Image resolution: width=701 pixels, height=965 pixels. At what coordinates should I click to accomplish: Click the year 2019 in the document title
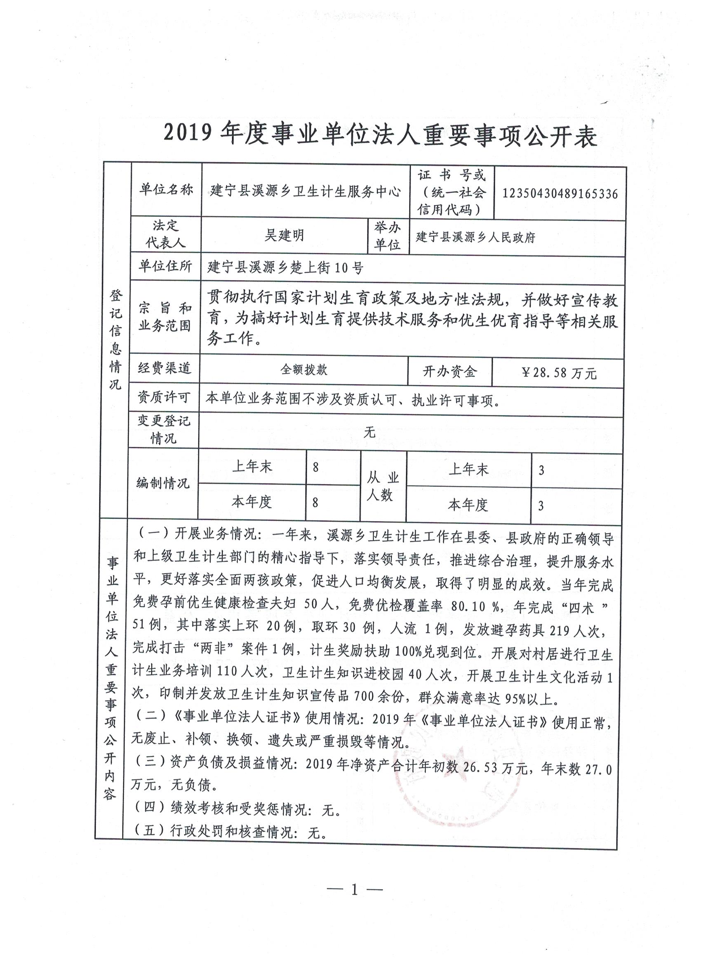tap(188, 134)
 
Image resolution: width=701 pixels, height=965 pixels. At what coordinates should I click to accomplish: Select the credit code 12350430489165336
tap(560, 194)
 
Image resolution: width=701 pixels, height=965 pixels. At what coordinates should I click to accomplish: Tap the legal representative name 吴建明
tap(284, 235)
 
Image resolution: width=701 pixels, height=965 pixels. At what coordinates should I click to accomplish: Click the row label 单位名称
tap(166, 190)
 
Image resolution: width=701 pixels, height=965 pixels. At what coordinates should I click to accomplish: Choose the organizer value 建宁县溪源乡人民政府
tap(475, 237)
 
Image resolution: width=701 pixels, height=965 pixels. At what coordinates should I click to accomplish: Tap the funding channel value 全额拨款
tap(303, 369)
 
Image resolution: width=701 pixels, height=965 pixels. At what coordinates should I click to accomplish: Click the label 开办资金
tap(449, 372)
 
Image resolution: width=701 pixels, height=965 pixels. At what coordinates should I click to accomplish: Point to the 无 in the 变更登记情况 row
tap(369, 432)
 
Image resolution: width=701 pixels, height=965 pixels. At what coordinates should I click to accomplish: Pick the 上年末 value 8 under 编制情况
tap(315, 468)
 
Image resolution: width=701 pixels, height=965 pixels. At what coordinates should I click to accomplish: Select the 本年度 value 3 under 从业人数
tap(541, 506)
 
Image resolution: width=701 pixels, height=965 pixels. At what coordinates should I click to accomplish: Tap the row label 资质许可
tap(164, 397)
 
